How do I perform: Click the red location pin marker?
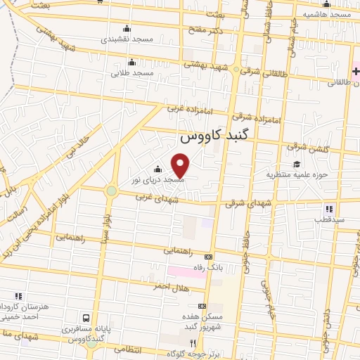[x=181, y=166]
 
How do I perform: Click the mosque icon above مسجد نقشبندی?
[x=127, y=28]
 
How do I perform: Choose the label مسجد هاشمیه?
[x=328, y=13]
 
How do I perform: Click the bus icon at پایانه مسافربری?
[x=86, y=319]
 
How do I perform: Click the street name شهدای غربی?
[x=161, y=200]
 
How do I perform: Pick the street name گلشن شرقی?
[x=306, y=148]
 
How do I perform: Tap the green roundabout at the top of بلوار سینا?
[x=111, y=191]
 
